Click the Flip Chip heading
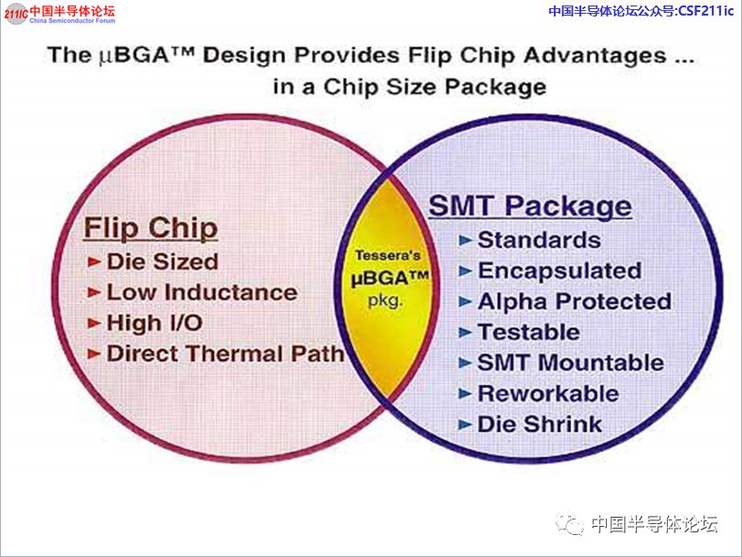[151, 229]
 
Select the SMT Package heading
[530, 207]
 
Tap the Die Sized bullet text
[163, 262]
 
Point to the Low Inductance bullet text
[202, 293]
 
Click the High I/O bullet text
[154, 323]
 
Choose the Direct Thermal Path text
[225, 354]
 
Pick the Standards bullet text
[539, 241]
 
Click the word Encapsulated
[560, 271]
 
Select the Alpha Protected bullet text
[575, 302]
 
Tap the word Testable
[528, 332]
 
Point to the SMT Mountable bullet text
[571, 363]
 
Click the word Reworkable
[548, 393]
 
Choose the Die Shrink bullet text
[539, 423]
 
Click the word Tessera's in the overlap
[387, 255]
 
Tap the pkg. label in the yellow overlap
[386, 300]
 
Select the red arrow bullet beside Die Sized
[94, 262]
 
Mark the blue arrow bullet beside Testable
[466, 333]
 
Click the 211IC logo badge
[16, 13]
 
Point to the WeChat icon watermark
[570, 523]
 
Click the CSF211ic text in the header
[706, 10]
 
